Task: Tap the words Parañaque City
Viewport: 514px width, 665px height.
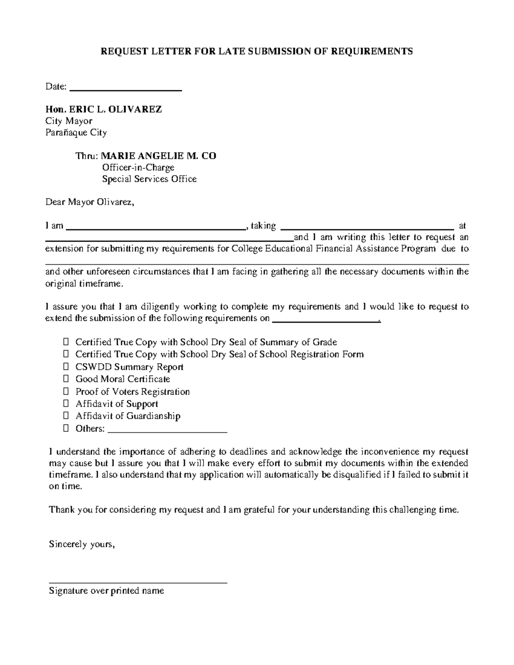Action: click(x=76, y=132)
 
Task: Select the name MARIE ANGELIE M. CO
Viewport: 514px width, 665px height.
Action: click(x=158, y=156)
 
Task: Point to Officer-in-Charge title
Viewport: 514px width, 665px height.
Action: click(x=138, y=167)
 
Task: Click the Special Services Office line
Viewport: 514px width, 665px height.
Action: click(x=149, y=179)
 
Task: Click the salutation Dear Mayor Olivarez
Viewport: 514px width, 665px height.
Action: click(x=90, y=202)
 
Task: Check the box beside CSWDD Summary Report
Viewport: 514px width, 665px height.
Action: click(x=66, y=367)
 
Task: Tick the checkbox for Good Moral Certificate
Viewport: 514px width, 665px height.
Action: click(x=66, y=379)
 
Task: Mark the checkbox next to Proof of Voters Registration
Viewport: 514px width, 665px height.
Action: click(x=66, y=392)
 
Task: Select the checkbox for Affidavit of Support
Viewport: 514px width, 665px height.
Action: click(x=66, y=404)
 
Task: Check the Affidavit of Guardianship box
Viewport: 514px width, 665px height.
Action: click(x=66, y=416)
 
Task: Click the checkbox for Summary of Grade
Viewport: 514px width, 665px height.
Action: click(x=66, y=342)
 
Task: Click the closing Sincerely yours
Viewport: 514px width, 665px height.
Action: click(x=82, y=545)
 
